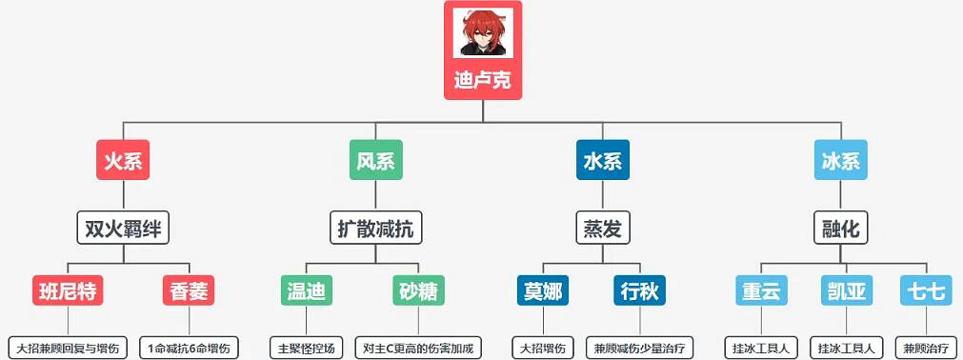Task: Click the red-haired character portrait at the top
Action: tap(482, 33)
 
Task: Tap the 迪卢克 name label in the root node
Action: tap(482, 80)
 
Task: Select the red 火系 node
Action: tap(123, 160)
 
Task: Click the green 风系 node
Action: tap(375, 160)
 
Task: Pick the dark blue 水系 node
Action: tap(602, 160)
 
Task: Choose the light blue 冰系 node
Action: tap(840, 160)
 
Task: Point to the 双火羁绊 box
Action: tap(123, 229)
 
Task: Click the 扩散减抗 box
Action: tap(375, 229)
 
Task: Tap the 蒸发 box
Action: tap(602, 229)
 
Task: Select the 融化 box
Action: tap(840, 229)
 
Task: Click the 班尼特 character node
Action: tap(67, 290)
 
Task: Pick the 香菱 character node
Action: tap(188, 290)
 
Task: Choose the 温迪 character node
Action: tap(306, 290)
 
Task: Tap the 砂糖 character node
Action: tap(419, 290)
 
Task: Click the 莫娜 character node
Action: tap(542, 290)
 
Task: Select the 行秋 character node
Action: tap(639, 290)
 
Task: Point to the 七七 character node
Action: tap(925, 290)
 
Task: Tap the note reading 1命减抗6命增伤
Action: tap(188, 347)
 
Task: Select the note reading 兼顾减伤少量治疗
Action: tap(639, 347)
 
